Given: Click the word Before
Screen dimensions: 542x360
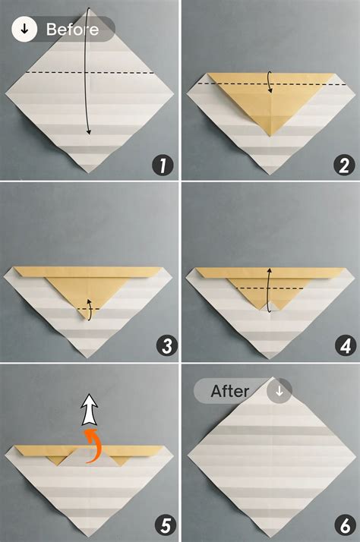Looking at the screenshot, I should (72, 30).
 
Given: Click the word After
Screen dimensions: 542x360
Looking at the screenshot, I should (230, 392).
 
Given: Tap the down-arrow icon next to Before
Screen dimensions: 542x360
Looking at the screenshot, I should (25, 30).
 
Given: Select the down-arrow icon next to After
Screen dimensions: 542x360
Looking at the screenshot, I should (279, 392).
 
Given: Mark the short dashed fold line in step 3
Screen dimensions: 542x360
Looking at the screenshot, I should (90, 309).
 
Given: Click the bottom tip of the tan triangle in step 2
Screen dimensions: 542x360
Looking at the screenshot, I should (270, 136).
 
